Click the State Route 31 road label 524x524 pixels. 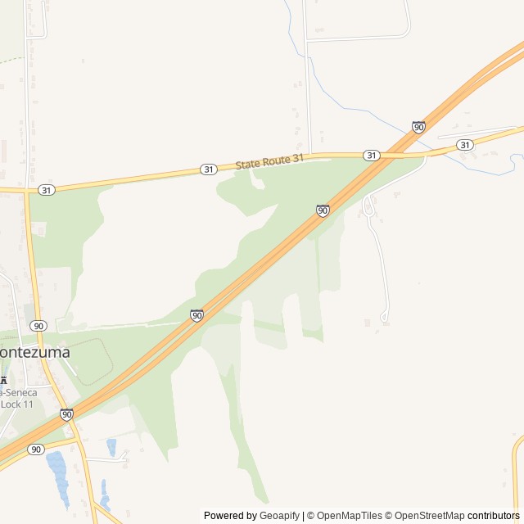(x=269, y=161)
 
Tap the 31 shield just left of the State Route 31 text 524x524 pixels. (x=209, y=169)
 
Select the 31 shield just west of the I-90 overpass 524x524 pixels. (x=372, y=156)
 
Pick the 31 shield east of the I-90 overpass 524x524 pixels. (x=465, y=145)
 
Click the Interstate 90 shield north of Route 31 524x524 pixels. (x=418, y=127)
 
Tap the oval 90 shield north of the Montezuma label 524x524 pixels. (x=39, y=326)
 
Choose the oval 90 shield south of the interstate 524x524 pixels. (x=35, y=449)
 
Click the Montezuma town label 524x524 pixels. (x=34, y=352)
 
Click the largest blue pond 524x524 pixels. (x=57, y=475)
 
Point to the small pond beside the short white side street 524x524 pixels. (x=111, y=447)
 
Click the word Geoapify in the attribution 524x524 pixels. (x=279, y=516)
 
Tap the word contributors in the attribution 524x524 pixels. (x=494, y=516)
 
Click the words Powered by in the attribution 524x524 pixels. (x=230, y=516)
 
